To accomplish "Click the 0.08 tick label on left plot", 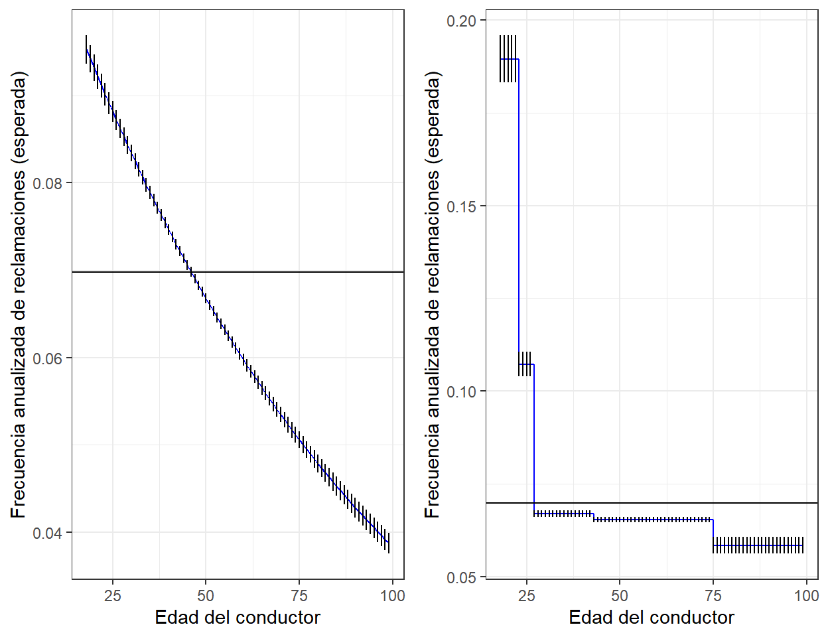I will click(52, 183).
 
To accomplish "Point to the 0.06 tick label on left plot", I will click(52, 358).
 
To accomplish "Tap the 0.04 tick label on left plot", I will click(52, 533).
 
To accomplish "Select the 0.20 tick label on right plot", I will click(462, 21).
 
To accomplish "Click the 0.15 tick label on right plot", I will click(462, 206).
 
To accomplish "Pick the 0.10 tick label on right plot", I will click(462, 391).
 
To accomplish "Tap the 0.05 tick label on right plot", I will click(462, 577).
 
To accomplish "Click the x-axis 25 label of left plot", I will click(113, 595).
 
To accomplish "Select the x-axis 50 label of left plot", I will click(206, 595).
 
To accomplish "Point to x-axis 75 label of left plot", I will click(299, 595).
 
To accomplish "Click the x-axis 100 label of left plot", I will click(392, 595).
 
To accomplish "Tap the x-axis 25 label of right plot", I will click(527, 595).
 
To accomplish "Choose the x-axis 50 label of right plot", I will click(620, 595).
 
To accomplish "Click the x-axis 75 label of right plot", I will click(713, 595).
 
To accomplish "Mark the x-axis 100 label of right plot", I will click(806, 595).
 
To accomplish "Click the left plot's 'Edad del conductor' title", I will click(238, 618).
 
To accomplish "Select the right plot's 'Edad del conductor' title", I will click(652, 618).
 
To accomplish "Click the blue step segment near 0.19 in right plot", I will click(510, 59).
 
